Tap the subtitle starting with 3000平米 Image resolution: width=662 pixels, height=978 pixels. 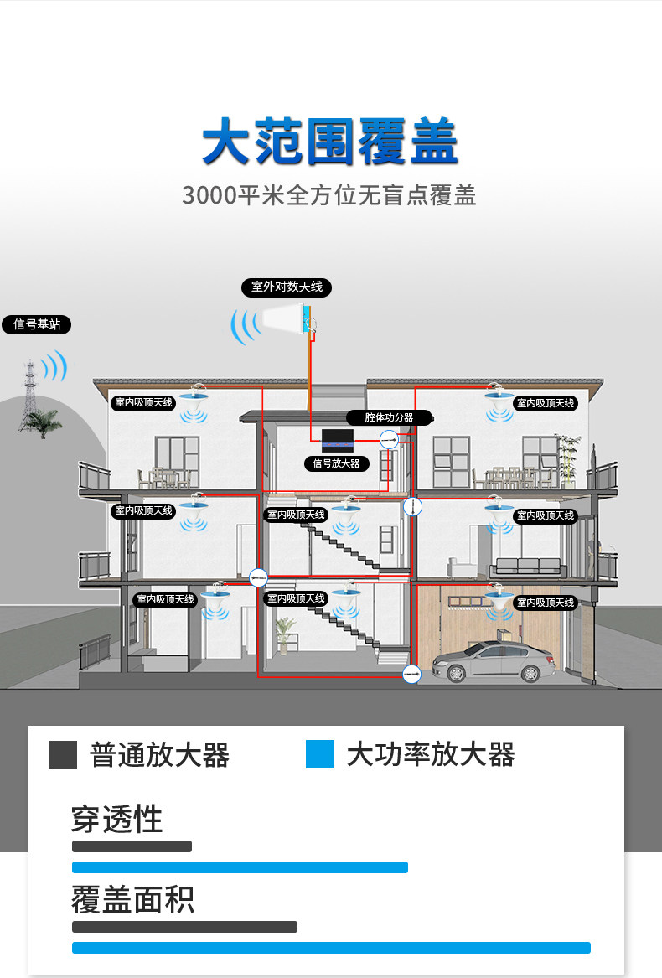[x=328, y=195]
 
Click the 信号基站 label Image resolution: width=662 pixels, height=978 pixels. [x=37, y=324]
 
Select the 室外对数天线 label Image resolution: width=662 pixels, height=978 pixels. [x=287, y=287]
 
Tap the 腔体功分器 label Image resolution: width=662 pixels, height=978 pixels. [x=390, y=417]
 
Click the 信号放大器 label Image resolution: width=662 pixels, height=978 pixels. [x=336, y=463]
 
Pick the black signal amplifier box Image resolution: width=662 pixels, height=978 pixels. [x=338, y=440]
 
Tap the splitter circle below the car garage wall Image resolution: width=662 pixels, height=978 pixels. [x=411, y=674]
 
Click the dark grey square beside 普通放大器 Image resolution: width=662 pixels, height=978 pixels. [x=62, y=755]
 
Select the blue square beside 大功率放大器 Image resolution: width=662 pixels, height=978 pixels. [x=320, y=754]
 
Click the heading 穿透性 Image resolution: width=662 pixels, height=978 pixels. [x=116, y=819]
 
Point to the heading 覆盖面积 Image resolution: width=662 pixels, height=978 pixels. [x=133, y=899]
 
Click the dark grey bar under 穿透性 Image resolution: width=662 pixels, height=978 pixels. [x=132, y=846]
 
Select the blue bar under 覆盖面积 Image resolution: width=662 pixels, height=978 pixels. [x=331, y=948]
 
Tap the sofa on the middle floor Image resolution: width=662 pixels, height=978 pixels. [x=528, y=567]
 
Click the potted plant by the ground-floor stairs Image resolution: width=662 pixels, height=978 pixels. [x=286, y=635]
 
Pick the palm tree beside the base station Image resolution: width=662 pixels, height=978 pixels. [x=45, y=423]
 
